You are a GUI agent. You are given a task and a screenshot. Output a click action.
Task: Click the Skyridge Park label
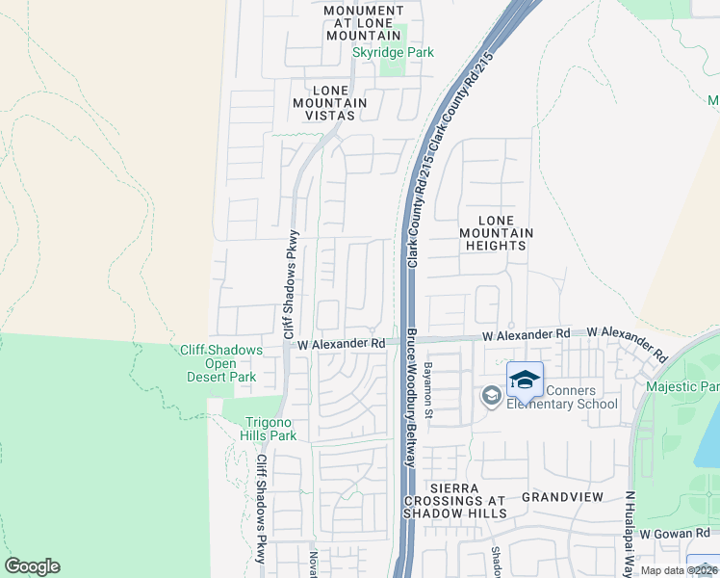click(x=393, y=52)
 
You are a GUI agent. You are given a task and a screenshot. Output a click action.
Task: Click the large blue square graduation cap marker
click(x=525, y=381)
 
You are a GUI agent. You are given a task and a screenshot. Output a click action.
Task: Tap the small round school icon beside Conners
click(x=491, y=396)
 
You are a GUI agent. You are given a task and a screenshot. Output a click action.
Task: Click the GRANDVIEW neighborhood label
click(x=562, y=497)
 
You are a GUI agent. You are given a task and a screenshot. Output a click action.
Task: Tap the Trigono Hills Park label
click(x=269, y=429)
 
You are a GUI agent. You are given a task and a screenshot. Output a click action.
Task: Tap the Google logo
click(x=32, y=566)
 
